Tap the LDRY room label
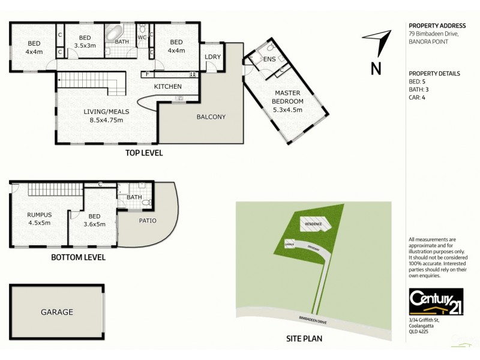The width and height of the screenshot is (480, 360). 213,57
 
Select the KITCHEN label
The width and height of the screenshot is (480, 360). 167,86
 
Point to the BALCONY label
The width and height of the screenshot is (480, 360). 211,116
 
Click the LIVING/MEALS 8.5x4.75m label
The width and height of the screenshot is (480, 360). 103,116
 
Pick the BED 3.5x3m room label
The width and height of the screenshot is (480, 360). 85,41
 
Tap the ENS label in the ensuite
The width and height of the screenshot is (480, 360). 269,59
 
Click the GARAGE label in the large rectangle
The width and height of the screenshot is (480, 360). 57,312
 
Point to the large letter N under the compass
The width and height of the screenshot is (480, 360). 376,68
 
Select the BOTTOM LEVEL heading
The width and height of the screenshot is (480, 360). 78,257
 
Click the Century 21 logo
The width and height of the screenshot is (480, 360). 428,302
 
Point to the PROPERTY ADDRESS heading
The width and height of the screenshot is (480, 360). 437,26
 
